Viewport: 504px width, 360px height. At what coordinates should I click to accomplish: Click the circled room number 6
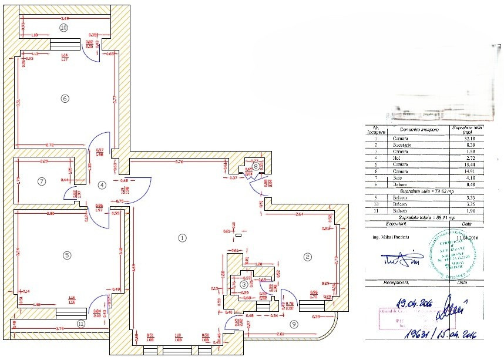pos(65,98)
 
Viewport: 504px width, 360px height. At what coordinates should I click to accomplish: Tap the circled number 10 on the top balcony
pos(63,28)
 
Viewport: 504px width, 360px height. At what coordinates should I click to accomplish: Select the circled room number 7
pos(41,181)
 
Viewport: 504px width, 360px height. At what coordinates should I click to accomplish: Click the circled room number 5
pos(67,255)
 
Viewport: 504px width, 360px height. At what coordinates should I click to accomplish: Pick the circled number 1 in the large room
pos(182,238)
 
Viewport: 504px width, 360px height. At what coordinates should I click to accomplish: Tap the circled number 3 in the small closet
pos(244,284)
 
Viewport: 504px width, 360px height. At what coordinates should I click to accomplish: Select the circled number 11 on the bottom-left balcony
pos(81,322)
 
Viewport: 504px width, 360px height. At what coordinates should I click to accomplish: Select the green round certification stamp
pos(454,254)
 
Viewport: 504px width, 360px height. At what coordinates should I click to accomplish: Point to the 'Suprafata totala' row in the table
pos(423,217)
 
